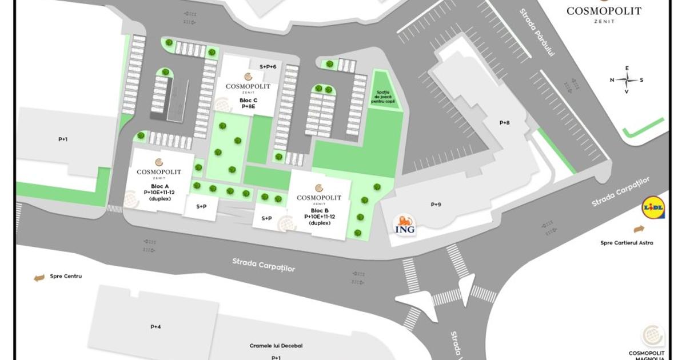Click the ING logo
click(x=406, y=225)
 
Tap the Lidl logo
click(x=653, y=209)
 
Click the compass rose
click(x=627, y=80)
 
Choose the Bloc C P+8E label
click(x=248, y=103)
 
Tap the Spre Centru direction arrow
click(x=39, y=278)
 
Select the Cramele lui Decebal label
click(x=276, y=346)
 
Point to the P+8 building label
click(x=504, y=122)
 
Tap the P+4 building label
click(x=155, y=327)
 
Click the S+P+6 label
click(x=268, y=67)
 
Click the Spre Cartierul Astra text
click(x=627, y=242)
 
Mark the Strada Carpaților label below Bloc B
click(x=264, y=265)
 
